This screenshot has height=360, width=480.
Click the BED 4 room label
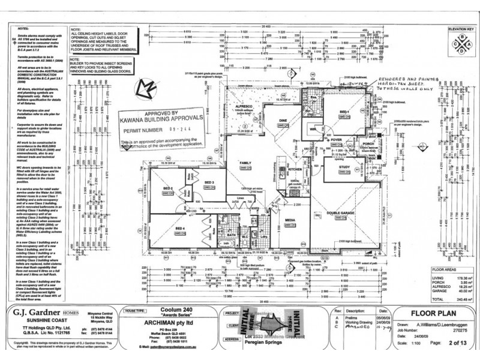pyautogui.click(x=178, y=228)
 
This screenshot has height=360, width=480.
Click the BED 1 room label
pyautogui.click(x=344, y=112)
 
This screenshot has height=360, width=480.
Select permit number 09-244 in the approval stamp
pyautogui.click(x=176, y=128)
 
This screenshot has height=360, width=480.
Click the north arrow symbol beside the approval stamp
pyautogui.click(x=144, y=91)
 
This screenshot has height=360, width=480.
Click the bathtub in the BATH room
pyautogui.click(x=226, y=245)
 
